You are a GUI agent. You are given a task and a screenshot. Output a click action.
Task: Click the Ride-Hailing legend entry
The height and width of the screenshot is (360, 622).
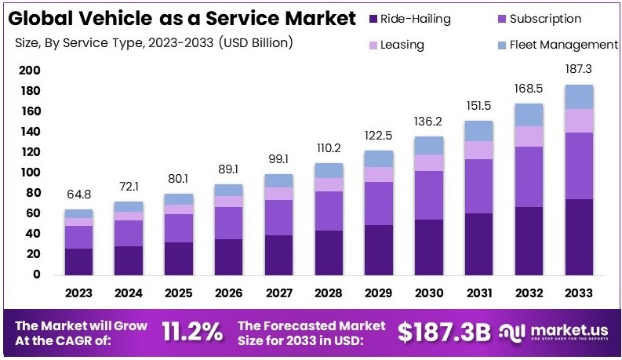pyautogui.click(x=415, y=19)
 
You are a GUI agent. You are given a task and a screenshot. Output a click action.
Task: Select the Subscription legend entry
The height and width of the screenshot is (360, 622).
pyautogui.click(x=545, y=19)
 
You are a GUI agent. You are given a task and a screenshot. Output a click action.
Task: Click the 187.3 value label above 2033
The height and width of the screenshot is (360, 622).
pyautogui.click(x=579, y=70)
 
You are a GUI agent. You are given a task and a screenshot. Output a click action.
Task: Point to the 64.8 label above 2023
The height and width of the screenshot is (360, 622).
pyautogui.click(x=78, y=193)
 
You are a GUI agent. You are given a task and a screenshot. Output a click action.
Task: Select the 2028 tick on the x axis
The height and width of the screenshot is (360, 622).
pyautogui.click(x=329, y=293)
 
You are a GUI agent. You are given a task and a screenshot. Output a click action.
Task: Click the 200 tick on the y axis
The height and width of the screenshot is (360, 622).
pyautogui.click(x=29, y=71)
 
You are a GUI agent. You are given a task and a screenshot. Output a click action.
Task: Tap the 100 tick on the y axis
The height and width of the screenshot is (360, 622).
pyautogui.click(x=29, y=173)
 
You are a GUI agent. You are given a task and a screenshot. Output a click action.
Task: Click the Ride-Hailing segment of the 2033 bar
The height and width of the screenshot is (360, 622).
pyautogui.click(x=579, y=237)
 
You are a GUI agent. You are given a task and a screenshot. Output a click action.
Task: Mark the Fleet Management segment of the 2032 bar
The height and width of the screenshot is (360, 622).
pyautogui.click(x=529, y=115)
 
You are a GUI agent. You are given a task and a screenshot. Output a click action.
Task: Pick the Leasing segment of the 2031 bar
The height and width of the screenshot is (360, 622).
pyautogui.click(x=478, y=150)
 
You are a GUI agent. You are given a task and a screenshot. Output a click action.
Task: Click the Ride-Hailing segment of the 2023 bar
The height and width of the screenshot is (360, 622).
pyautogui.click(x=78, y=261)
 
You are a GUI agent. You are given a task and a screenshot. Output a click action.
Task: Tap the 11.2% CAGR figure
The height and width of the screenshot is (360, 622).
pyautogui.click(x=192, y=332)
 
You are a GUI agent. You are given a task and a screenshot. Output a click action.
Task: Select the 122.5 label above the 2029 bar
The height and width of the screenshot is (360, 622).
pyautogui.click(x=379, y=135)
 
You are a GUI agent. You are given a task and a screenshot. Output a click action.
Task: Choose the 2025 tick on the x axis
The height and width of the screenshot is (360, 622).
pyautogui.click(x=179, y=293)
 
